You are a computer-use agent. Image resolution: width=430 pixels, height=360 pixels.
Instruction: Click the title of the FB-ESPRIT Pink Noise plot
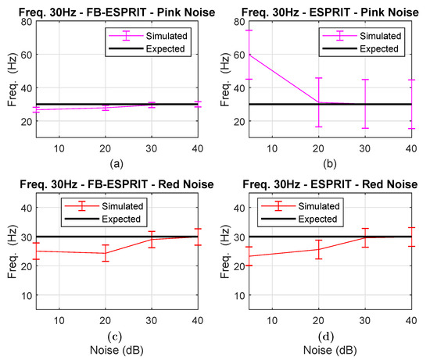116,12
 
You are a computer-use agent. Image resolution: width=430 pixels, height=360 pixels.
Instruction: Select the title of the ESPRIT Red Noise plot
330,184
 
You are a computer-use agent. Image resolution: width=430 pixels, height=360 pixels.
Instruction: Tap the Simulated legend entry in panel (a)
148,36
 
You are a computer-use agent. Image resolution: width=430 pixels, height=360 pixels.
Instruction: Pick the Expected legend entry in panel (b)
360,48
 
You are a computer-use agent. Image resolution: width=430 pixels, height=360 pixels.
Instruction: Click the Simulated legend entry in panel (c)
104,206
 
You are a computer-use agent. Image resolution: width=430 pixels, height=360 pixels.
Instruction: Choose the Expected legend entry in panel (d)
299,219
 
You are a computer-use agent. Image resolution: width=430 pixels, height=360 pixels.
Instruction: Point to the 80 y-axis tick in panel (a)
27,22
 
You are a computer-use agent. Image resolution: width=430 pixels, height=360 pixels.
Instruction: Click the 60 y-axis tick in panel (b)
239,55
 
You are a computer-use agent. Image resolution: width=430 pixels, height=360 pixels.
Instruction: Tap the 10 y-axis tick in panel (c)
27,296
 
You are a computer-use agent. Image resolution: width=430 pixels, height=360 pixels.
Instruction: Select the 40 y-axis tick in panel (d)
239,208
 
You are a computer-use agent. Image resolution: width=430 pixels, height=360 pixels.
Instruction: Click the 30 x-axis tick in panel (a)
152,149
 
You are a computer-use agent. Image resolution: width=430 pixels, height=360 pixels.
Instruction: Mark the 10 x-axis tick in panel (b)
272,149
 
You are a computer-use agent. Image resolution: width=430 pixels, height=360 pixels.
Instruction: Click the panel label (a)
116,164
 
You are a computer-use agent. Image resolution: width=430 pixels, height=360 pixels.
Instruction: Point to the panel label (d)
326,336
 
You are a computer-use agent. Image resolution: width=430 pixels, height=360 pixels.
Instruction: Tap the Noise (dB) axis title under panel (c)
116,350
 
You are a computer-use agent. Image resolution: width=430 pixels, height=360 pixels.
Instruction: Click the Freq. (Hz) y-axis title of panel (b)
225,80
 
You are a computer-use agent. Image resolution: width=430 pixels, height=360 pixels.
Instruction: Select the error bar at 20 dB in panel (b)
318,102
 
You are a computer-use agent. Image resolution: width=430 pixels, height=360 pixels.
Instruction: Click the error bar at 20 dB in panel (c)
106,253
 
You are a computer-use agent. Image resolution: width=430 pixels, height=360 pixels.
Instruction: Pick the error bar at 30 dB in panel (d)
365,238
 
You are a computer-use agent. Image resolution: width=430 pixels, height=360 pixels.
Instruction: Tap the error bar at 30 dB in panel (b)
365,104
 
